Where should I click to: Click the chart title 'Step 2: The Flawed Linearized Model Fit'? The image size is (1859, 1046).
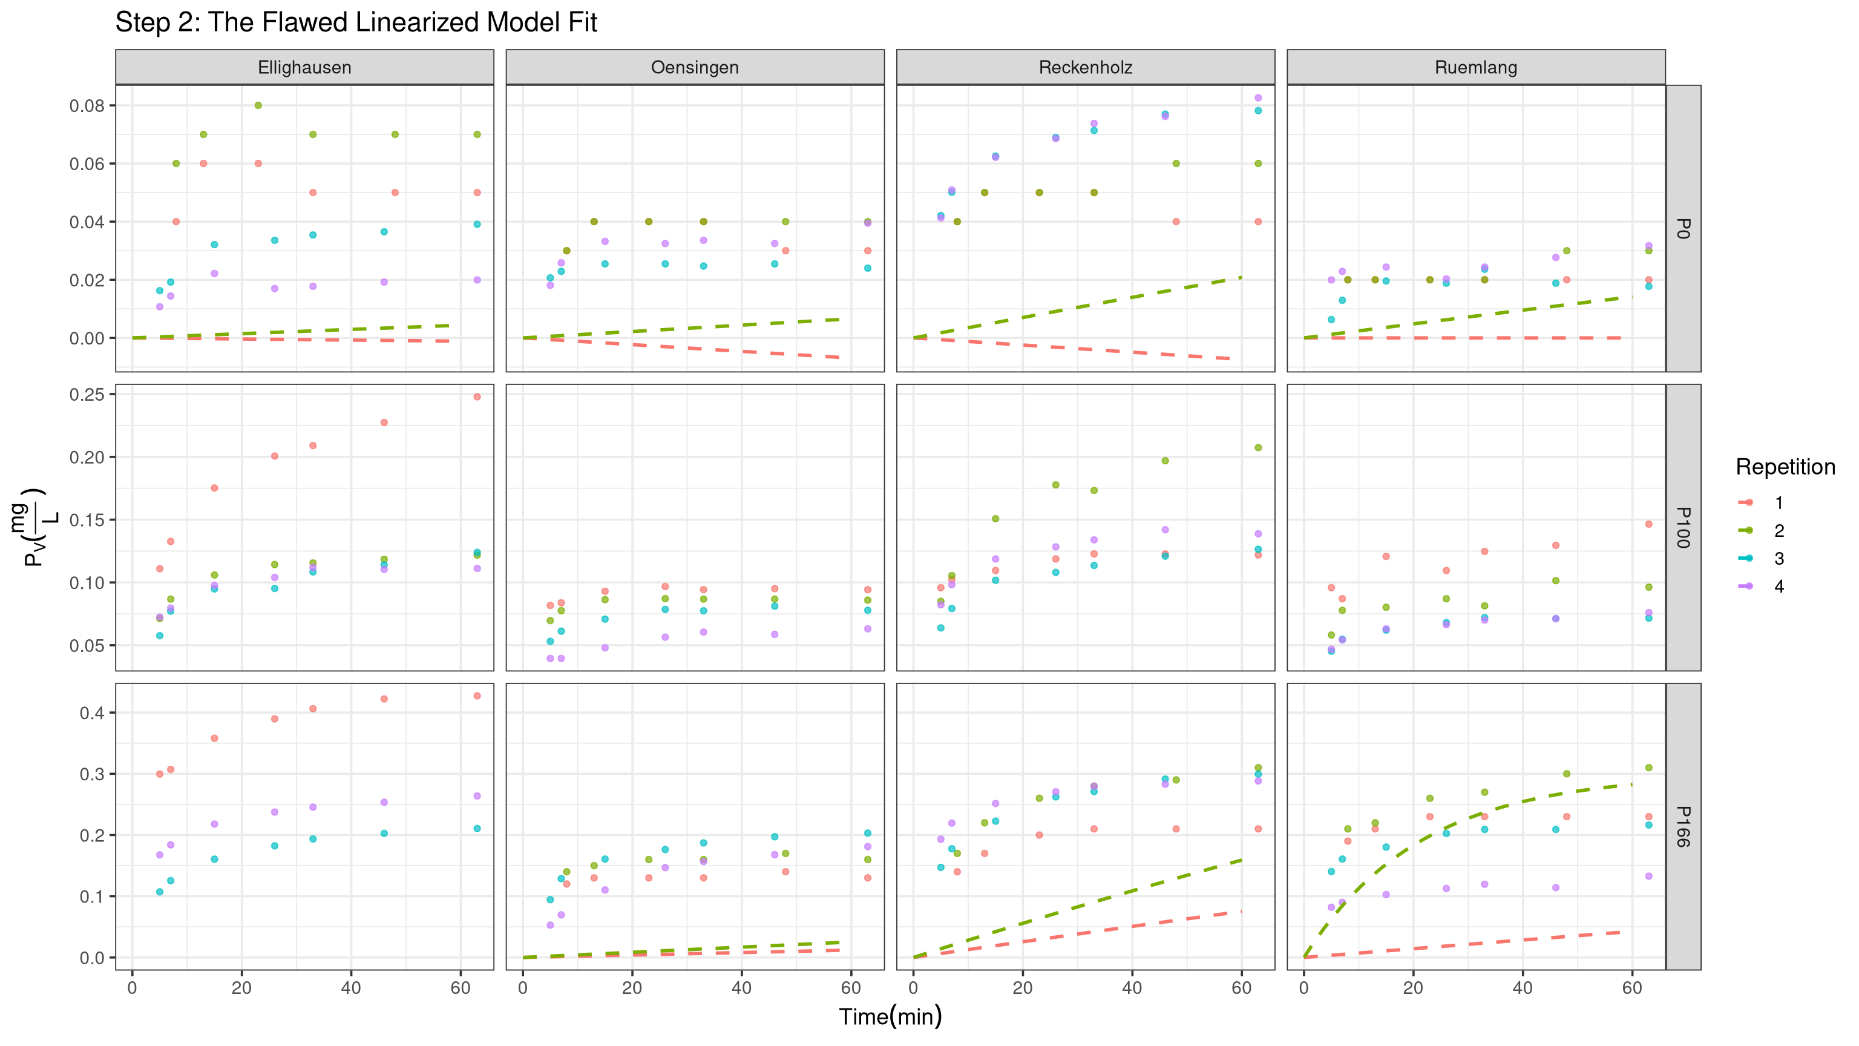click(356, 22)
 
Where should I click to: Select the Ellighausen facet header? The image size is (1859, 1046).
click(304, 67)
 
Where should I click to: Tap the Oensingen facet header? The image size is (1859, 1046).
click(695, 67)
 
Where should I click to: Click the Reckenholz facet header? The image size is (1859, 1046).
click(1086, 67)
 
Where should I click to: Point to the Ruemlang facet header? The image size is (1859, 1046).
click(1476, 67)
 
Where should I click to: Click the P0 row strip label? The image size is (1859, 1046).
click(1682, 228)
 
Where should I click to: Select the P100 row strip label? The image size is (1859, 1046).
click(1682, 527)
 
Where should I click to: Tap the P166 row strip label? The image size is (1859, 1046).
click(1682, 826)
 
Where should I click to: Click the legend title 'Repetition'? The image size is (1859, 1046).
click(1785, 467)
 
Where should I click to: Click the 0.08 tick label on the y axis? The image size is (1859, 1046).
click(87, 105)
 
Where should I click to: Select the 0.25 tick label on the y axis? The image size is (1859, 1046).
click(87, 394)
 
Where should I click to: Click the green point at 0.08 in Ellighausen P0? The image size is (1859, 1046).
click(258, 105)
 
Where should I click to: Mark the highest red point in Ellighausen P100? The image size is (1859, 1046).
click(477, 396)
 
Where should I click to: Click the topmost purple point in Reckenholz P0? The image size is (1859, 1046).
click(1258, 97)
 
